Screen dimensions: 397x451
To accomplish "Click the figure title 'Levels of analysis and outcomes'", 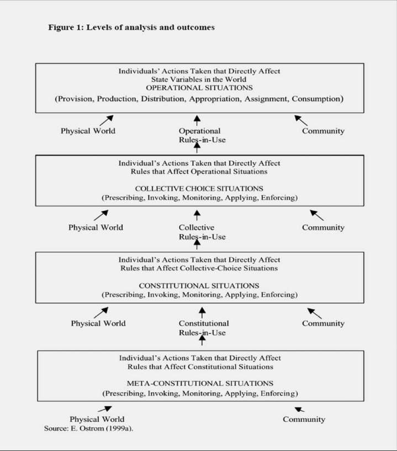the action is point(150,27).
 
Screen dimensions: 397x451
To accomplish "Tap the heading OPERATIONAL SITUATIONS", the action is point(199,88).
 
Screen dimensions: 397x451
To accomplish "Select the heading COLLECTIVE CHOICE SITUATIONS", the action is point(199,189).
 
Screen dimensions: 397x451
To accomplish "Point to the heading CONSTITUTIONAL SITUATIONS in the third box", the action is point(199,285).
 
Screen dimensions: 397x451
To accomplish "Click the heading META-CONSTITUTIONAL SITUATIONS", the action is point(200,384).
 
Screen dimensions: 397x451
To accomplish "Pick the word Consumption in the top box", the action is point(316,99).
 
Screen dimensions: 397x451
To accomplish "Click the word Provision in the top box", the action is point(76,99).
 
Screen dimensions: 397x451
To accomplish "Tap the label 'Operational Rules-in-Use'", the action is point(202,135).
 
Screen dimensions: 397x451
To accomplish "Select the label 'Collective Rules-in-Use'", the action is point(202,232).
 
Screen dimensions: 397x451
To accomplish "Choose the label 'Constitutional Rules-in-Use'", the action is point(204,328).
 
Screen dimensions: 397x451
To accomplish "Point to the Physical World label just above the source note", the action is point(97,419).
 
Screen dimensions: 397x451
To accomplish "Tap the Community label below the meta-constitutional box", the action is point(304,420).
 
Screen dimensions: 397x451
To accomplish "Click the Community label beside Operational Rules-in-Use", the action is point(323,131).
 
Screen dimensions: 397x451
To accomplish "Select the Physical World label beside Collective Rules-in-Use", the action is point(96,227).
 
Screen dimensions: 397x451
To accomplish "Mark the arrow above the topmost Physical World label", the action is point(107,120).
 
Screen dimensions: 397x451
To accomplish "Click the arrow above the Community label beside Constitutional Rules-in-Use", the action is point(314,314).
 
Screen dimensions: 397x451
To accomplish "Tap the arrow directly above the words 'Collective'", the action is point(197,215).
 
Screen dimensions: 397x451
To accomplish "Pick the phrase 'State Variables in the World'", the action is point(199,79).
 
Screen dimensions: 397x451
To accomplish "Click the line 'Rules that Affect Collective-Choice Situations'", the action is point(199,268).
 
